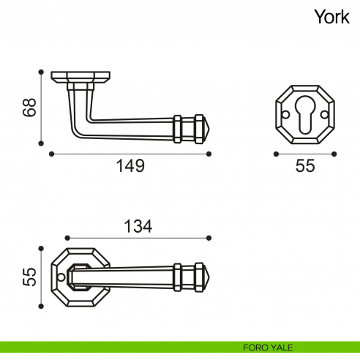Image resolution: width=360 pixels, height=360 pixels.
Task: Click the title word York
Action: [331, 16]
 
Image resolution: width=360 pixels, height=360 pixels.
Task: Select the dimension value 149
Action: [131, 166]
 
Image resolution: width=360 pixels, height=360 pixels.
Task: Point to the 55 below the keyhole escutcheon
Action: [305, 166]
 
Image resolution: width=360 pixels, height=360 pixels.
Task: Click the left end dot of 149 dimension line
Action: [50, 154]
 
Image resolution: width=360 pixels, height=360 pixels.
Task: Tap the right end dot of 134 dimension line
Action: [209, 238]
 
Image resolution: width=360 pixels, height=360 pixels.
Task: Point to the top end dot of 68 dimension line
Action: [40, 71]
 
